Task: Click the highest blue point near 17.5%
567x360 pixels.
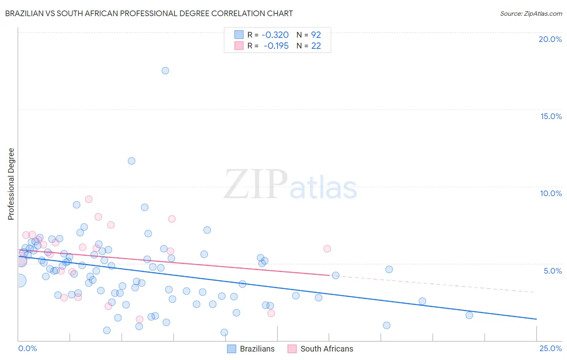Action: (x=165, y=71)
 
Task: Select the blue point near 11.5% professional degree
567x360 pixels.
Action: (x=131, y=161)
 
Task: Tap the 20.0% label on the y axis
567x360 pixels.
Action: (x=550, y=39)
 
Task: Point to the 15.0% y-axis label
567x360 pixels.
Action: (x=551, y=116)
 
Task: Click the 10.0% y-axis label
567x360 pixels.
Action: (x=551, y=193)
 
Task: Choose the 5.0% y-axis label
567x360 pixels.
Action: (x=552, y=271)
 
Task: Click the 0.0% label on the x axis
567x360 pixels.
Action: (x=27, y=348)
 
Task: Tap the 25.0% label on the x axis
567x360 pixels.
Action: (x=550, y=348)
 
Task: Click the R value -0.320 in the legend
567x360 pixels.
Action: (x=275, y=35)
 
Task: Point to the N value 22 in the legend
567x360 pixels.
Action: (x=316, y=46)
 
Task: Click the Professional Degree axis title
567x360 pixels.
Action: (x=11, y=184)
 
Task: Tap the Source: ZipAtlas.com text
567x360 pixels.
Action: (x=531, y=14)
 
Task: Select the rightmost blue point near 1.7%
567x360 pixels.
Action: (x=469, y=315)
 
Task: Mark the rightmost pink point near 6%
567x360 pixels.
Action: (x=327, y=249)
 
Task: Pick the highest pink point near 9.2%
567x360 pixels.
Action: (x=89, y=199)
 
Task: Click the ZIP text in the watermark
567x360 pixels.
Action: (x=256, y=184)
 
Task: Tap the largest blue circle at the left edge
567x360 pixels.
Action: (x=19, y=280)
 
